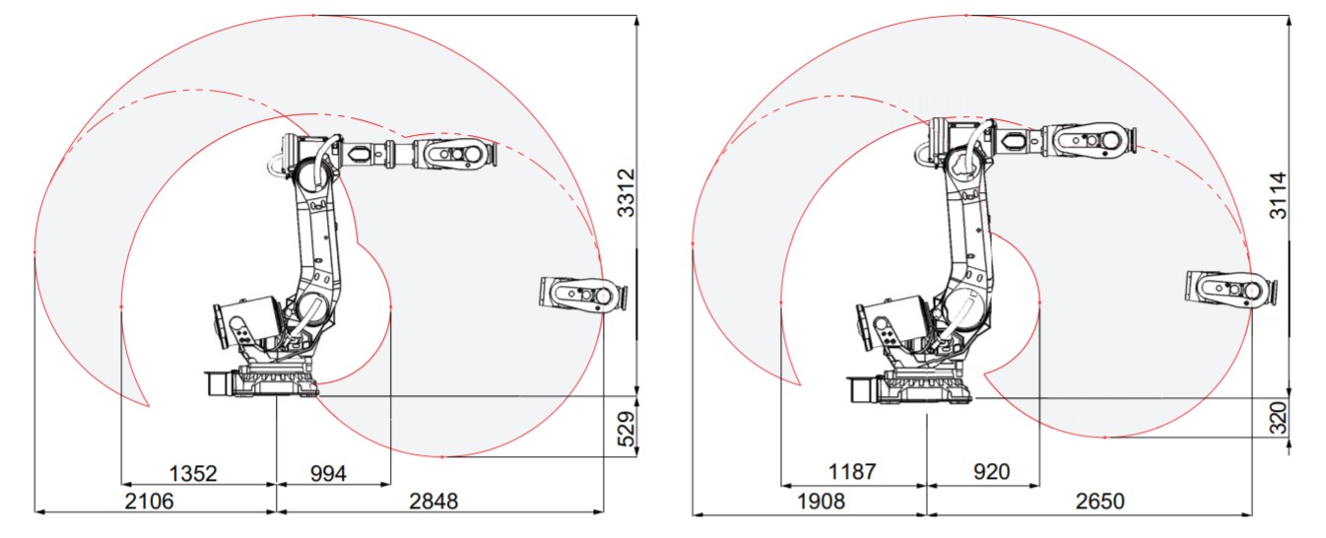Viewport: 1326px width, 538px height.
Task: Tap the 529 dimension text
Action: (x=626, y=428)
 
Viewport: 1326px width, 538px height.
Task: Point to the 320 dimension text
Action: (x=1277, y=421)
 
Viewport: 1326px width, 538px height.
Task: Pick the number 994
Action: (x=328, y=473)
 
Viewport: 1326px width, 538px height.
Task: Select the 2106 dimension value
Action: (x=149, y=502)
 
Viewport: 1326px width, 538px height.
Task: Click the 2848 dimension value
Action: (x=433, y=502)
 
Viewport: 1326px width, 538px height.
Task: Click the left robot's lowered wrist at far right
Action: (x=583, y=295)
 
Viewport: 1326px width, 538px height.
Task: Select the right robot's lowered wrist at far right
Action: (x=1231, y=289)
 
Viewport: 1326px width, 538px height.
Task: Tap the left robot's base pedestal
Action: (x=276, y=379)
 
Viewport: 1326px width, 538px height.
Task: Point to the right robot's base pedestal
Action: (x=926, y=384)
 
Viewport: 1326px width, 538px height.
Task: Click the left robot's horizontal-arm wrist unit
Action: (x=453, y=154)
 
